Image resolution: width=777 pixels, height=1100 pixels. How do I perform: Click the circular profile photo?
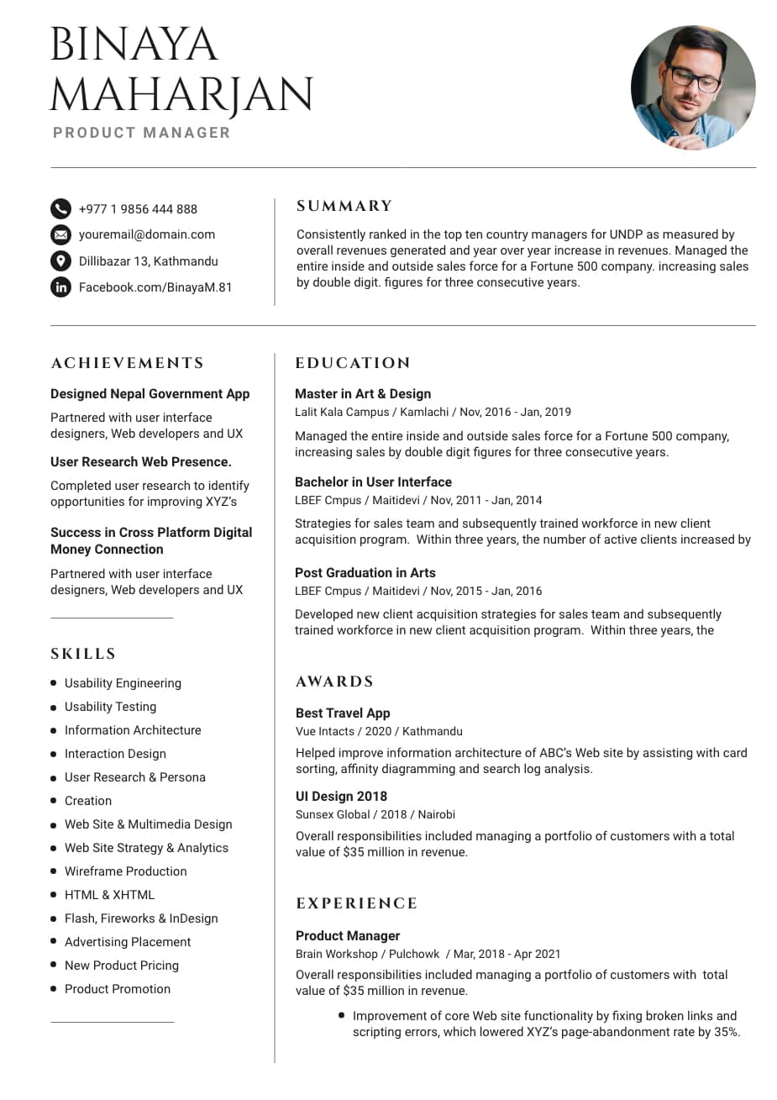pyautogui.click(x=693, y=87)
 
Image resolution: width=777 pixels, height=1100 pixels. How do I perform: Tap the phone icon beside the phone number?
pyautogui.click(x=60, y=208)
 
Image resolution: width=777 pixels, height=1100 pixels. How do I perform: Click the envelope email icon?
pyautogui.click(x=60, y=234)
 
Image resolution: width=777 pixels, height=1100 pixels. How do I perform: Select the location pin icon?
pyautogui.click(x=60, y=261)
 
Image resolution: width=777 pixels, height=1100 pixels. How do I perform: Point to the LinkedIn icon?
pyautogui.click(x=60, y=287)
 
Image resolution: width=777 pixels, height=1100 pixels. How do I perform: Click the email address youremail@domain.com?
pyautogui.click(x=147, y=234)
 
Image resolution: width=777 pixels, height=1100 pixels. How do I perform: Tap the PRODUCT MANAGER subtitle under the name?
pyautogui.click(x=141, y=133)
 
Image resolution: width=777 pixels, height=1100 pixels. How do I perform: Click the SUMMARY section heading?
pyautogui.click(x=344, y=206)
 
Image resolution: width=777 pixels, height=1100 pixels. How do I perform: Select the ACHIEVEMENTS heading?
pyautogui.click(x=128, y=363)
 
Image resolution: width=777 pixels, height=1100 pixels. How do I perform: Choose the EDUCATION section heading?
pyautogui.click(x=353, y=363)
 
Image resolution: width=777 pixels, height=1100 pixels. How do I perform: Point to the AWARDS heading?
pyautogui.click(x=334, y=682)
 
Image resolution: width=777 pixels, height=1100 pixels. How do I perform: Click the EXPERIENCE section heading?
pyautogui.click(x=356, y=903)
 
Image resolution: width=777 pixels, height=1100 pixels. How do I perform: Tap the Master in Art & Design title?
pyautogui.click(x=363, y=393)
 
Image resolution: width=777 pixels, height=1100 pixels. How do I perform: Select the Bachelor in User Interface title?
pyautogui.click(x=373, y=482)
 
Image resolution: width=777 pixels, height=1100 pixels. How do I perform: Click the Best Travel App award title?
pyautogui.click(x=343, y=713)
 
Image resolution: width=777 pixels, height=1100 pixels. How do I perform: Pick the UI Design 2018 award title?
pyautogui.click(x=341, y=796)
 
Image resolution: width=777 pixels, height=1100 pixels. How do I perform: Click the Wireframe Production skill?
pyautogui.click(x=126, y=871)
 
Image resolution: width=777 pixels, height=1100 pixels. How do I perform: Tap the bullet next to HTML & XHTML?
pyautogui.click(x=54, y=894)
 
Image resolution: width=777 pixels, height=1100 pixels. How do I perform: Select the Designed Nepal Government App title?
pyautogui.click(x=150, y=393)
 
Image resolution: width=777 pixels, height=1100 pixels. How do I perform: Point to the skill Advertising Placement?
pyautogui.click(x=128, y=942)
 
